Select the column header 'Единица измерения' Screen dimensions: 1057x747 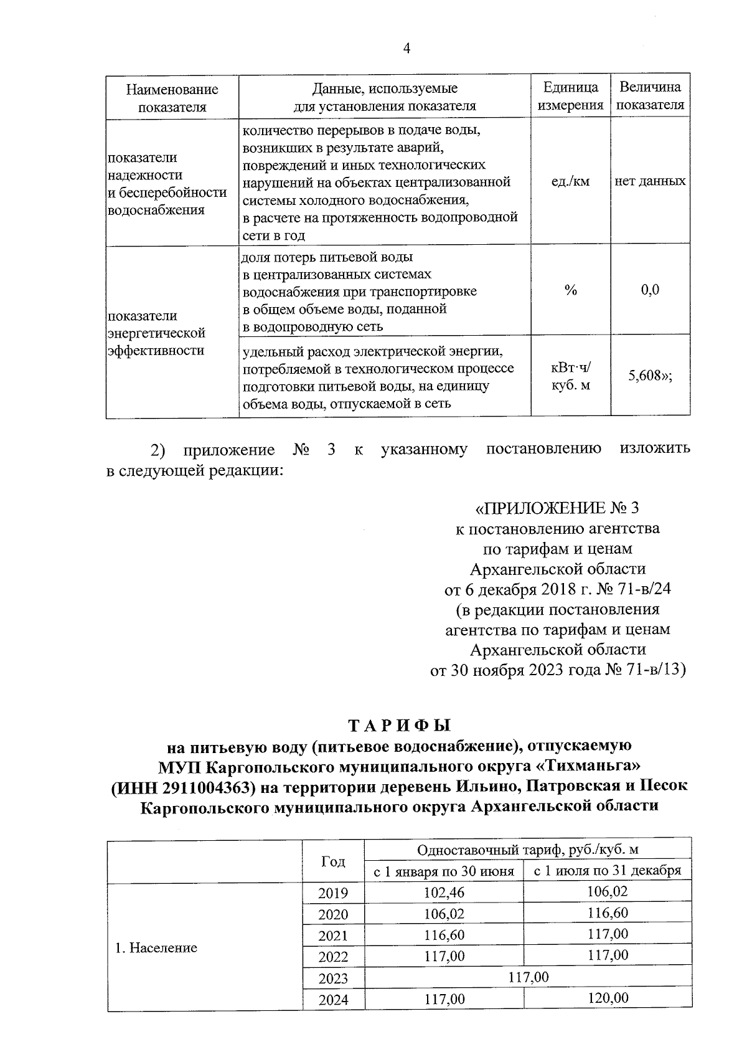pos(570,97)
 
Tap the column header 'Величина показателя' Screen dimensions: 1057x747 pos(650,97)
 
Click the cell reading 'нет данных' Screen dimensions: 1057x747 pos(650,181)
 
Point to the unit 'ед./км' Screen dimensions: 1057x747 pos(570,181)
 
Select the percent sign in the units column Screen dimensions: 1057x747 pos(570,290)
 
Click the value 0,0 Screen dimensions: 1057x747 pos(650,290)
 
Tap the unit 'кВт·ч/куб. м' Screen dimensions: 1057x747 pos(570,376)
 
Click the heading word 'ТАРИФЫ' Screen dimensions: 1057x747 pos(398,726)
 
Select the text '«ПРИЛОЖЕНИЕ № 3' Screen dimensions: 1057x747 pos(557,508)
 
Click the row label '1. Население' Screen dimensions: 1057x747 pos(156,948)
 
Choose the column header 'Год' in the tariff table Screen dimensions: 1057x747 pos(333,861)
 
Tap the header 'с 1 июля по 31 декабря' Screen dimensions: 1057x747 pos(608,871)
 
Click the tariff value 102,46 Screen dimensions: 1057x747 pos(444,893)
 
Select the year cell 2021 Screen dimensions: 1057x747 pos(333,936)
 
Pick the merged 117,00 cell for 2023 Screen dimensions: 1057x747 pos(528,977)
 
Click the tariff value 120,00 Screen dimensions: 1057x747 pos(608,998)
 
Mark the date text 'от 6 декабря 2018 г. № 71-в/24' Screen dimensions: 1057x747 pos(557,589)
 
